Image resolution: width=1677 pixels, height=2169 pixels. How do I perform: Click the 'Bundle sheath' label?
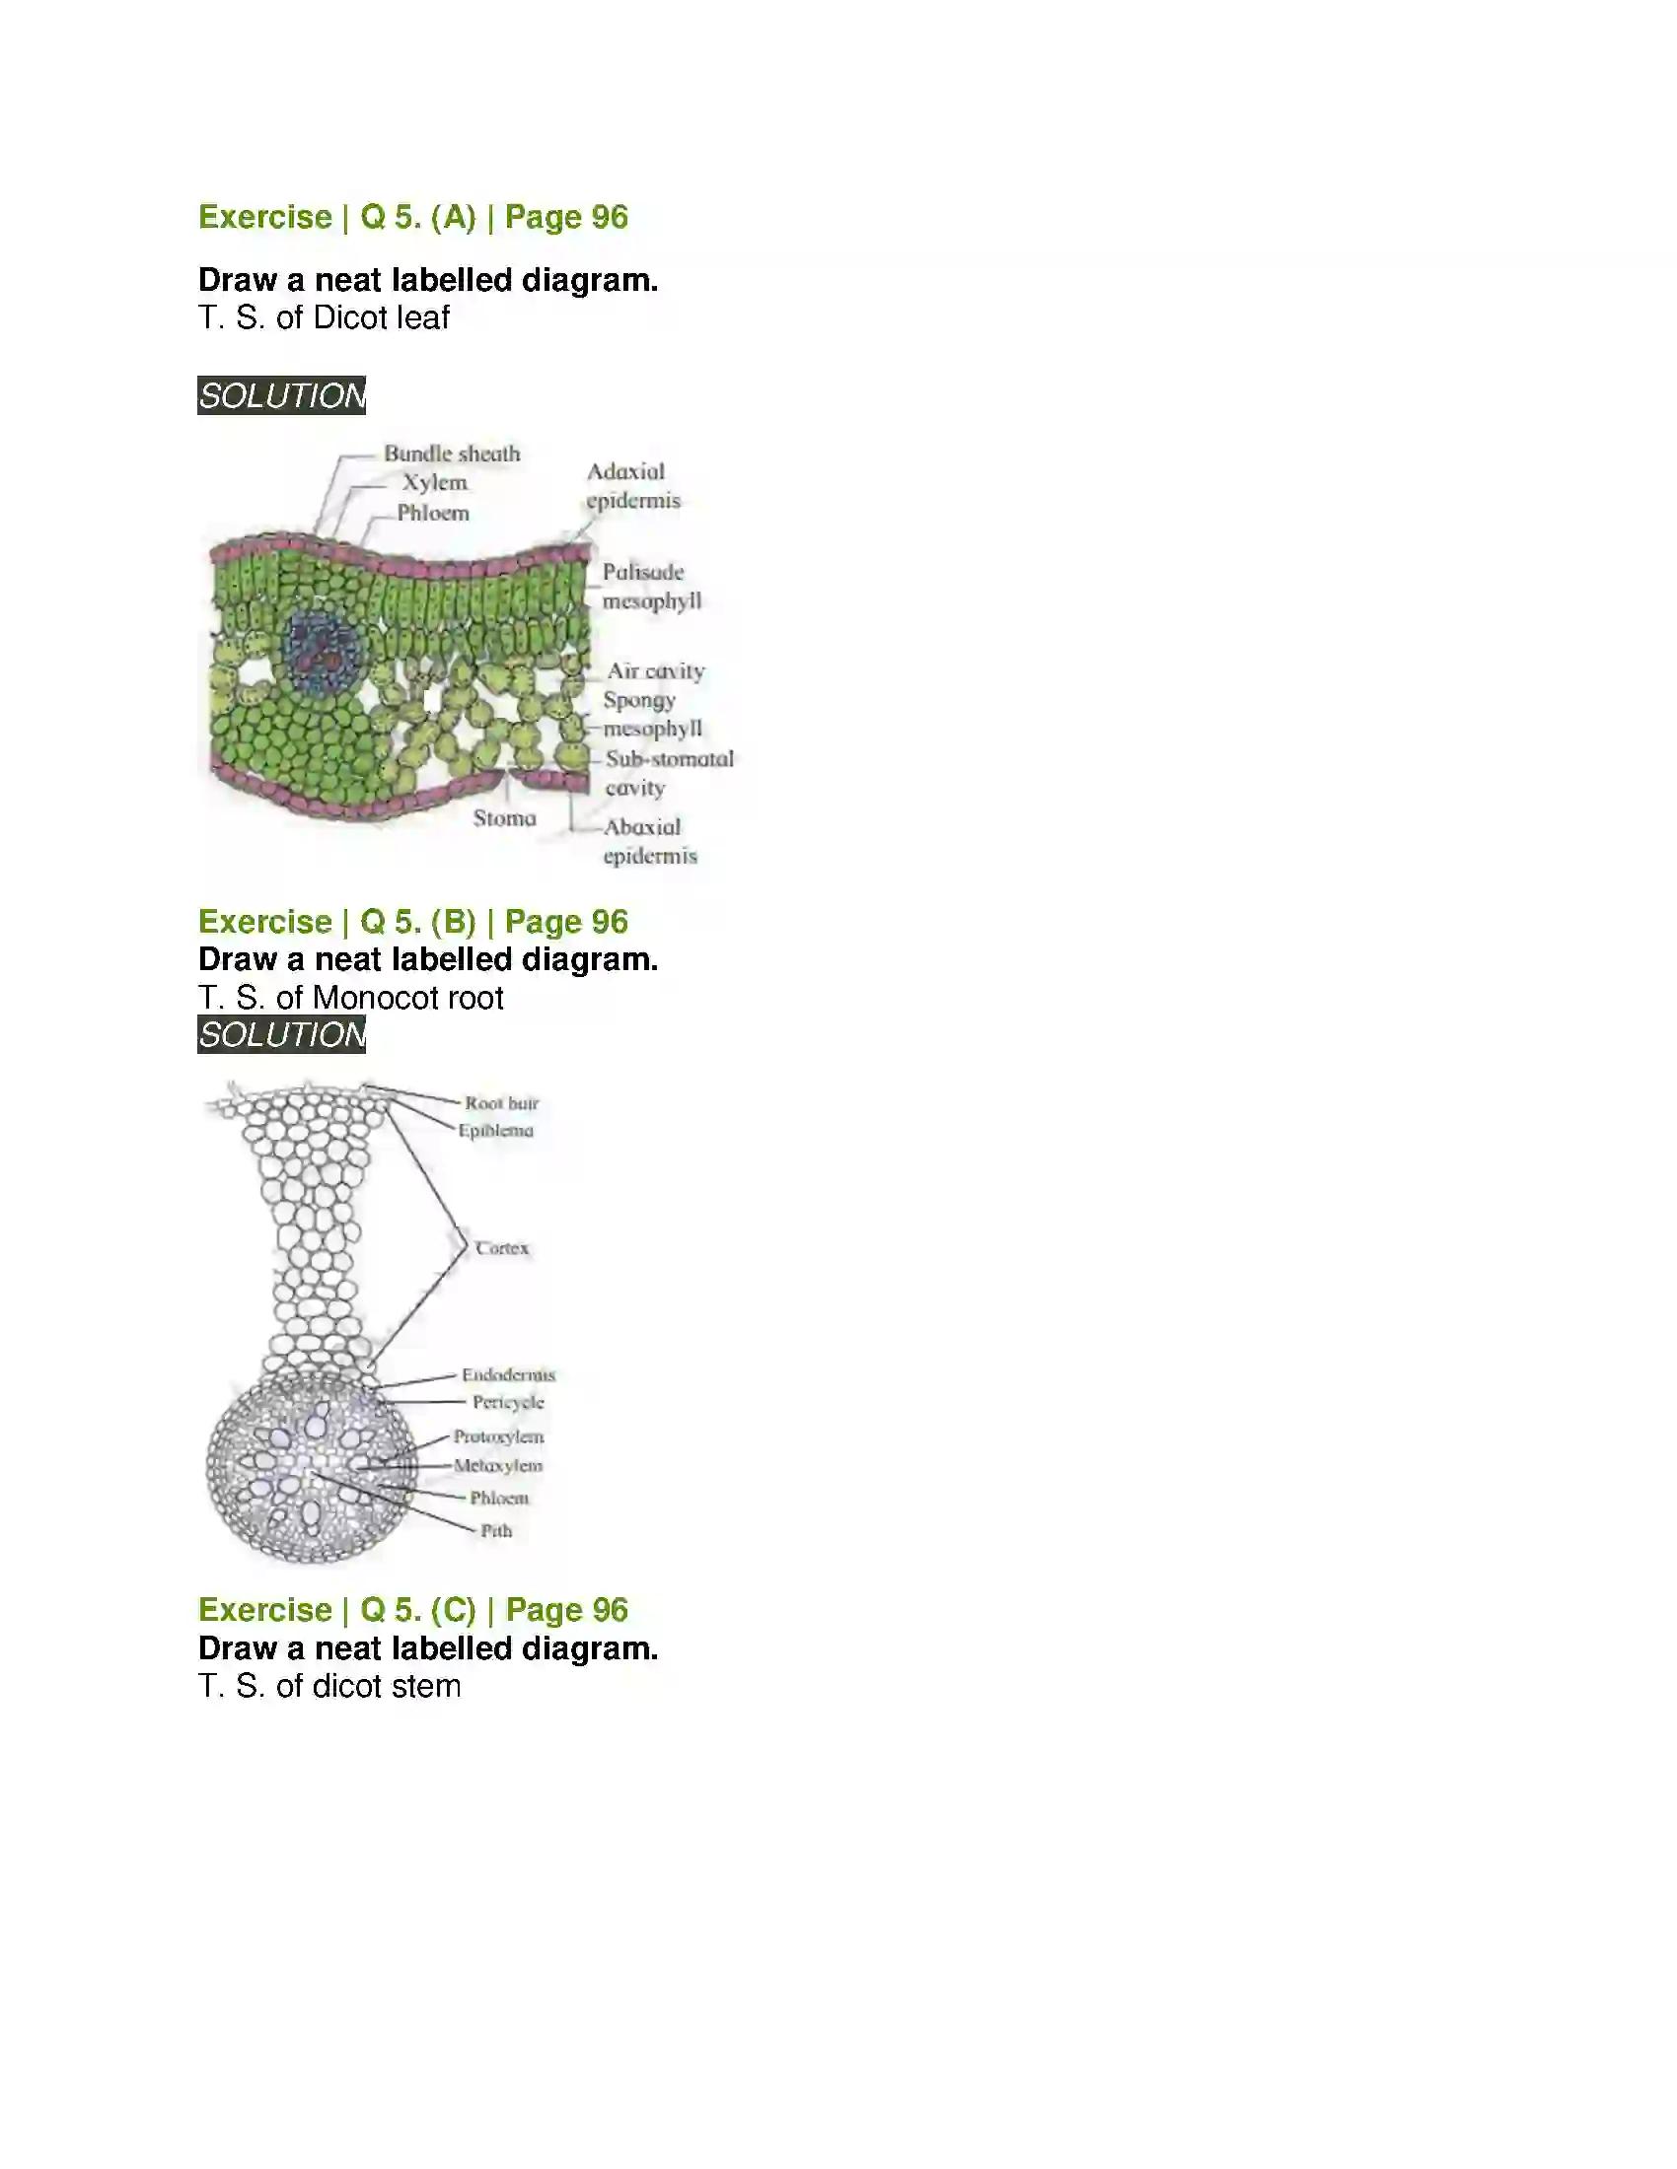[x=452, y=454]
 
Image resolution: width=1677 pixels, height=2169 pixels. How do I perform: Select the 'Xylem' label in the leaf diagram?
[x=434, y=483]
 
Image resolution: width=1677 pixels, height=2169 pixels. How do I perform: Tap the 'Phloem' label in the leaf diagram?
[x=433, y=513]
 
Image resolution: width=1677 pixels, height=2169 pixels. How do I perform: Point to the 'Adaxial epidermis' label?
[x=633, y=486]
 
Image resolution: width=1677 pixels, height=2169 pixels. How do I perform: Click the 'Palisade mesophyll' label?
[x=651, y=586]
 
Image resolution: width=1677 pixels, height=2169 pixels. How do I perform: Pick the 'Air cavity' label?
[x=656, y=671]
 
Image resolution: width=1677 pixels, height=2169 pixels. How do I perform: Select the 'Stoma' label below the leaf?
[x=505, y=818]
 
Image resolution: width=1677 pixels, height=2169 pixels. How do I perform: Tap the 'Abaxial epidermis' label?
[x=650, y=841]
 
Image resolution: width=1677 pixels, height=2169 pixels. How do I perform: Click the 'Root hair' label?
[x=502, y=1103]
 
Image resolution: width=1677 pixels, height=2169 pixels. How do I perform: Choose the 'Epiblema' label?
[x=496, y=1130]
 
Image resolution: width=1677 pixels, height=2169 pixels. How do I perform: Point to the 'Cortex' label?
[x=502, y=1248]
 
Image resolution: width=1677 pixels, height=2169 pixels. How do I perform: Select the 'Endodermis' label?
[x=508, y=1374]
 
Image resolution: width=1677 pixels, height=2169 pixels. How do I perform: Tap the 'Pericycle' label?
[x=508, y=1402]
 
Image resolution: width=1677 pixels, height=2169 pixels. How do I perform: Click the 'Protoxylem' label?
[x=499, y=1437]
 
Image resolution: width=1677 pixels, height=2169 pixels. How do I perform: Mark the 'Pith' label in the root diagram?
[x=497, y=1530]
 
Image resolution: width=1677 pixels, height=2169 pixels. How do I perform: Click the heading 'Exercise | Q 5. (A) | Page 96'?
[x=413, y=218]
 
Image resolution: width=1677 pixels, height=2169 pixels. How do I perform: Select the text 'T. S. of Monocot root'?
[x=351, y=997]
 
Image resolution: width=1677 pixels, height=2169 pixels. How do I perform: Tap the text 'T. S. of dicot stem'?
[x=329, y=1685]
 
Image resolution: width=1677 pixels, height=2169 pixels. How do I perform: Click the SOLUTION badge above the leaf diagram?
[x=282, y=395]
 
